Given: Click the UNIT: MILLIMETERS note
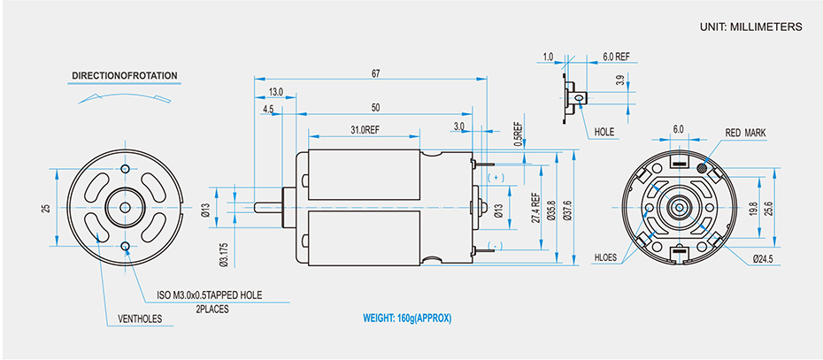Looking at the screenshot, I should coord(750,27).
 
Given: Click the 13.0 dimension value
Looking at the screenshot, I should coord(275,92).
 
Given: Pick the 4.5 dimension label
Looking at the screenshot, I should coord(267,109).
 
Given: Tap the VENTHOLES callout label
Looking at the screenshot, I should coord(139,318).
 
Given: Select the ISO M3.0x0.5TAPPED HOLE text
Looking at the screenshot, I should coord(209,295).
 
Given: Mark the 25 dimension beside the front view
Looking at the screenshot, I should coord(45,209).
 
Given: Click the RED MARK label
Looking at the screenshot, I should coord(745,133).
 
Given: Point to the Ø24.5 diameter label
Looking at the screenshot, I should coord(763,259).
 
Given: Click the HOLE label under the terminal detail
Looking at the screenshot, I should coord(604,132).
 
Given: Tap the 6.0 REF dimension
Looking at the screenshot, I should coord(616,57).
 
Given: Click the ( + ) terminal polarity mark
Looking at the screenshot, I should coord(496,178).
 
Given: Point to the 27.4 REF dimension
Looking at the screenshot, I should coord(535,210).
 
